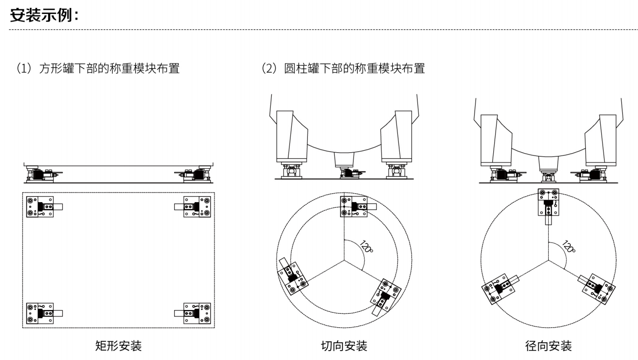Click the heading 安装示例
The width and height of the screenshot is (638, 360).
coord(44,16)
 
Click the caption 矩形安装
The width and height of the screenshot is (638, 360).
coord(118,346)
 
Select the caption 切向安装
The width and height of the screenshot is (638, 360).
coord(344,346)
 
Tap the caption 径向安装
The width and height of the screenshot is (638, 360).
coord(548,346)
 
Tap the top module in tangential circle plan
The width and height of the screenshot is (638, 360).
coord(354,206)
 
